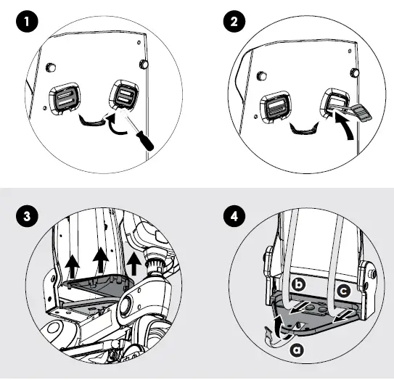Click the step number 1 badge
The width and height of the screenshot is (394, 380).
click(x=27, y=21)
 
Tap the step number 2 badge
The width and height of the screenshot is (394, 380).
click(x=234, y=21)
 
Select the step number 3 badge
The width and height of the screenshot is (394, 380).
click(x=27, y=216)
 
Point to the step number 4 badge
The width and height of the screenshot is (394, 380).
click(x=234, y=216)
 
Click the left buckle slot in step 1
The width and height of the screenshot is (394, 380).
click(x=65, y=99)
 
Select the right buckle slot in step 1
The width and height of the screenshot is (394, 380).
click(x=124, y=95)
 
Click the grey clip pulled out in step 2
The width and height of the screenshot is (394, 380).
click(x=361, y=112)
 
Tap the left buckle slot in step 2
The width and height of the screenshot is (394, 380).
click(x=276, y=107)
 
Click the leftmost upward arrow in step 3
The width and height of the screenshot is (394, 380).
click(x=73, y=267)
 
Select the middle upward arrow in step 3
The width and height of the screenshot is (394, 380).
click(x=101, y=260)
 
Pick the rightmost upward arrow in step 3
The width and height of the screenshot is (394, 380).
click(x=134, y=264)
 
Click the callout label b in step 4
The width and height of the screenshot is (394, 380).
click(x=298, y=284)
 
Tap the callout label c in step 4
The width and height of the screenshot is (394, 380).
click(x=343, y=291)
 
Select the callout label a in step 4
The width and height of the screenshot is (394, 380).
click(x=297, y=350)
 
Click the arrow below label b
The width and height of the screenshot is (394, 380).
click(x=299, y=308)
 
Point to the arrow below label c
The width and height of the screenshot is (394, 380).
click(x=343, y=315)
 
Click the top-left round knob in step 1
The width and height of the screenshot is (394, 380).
click(x=51, y=67)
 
